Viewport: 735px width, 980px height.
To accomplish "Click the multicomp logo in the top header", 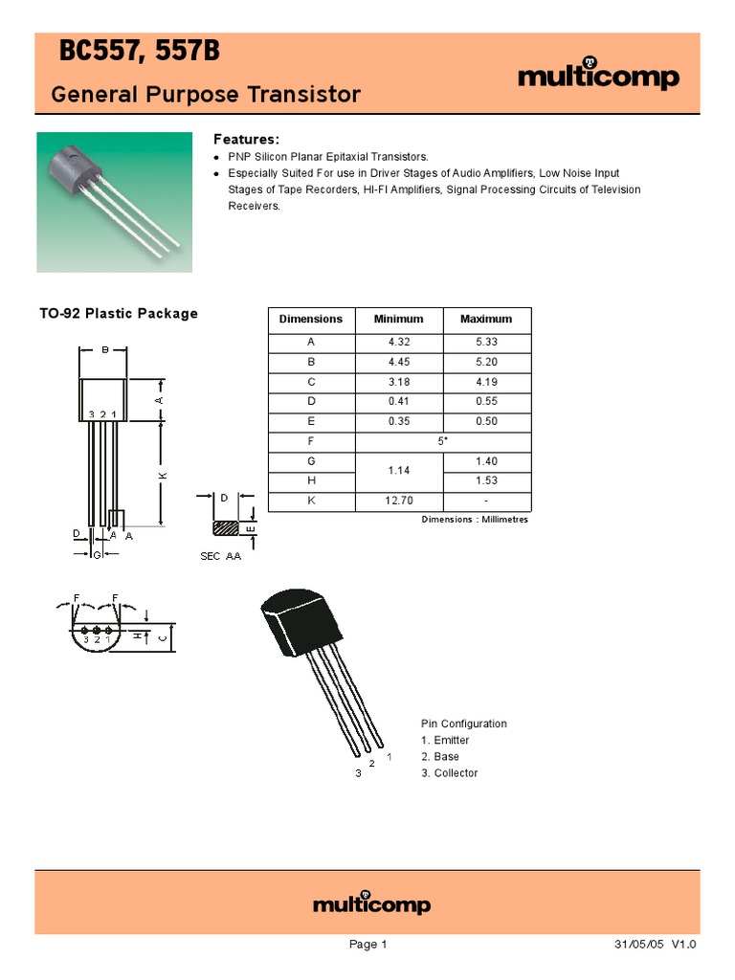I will (x=598, y=77).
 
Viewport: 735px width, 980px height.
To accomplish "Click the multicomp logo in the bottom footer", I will (x=371, y=904).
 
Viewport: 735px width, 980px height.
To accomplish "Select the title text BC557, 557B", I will (x=140, y=54).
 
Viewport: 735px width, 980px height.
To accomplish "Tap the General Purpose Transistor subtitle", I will (x=205, y=95).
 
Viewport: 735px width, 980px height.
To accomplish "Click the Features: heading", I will (x=246, y=139).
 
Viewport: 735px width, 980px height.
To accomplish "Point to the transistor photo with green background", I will (x=114, y=202).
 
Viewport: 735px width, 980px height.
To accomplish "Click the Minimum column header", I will (x=399, y=319).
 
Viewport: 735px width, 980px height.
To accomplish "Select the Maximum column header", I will (x=486, y=319).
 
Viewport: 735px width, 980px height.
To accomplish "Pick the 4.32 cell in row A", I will (x=399, y=342).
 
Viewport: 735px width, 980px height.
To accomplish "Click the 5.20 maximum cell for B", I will (x=486, y=362).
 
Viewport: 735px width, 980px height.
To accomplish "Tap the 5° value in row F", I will (x=442, y=442).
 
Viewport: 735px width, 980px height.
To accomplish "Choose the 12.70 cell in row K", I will (x=399, y=501).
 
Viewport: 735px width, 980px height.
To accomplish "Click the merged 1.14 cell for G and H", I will (x=399, y=471).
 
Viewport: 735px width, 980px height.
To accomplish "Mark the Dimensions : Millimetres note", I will (x=475, y=520).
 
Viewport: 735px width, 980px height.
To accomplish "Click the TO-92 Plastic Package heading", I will (x=119, y=314).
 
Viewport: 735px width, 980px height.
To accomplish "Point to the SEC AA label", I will (x=220, y=556).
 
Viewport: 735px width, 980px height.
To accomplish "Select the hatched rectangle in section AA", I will (x=226, y=527).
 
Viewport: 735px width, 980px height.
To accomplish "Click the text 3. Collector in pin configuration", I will (x=450, y=772).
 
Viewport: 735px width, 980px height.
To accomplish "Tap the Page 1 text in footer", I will (x=367, y=945).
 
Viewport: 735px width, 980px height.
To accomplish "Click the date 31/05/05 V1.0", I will (x=656, y=945).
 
